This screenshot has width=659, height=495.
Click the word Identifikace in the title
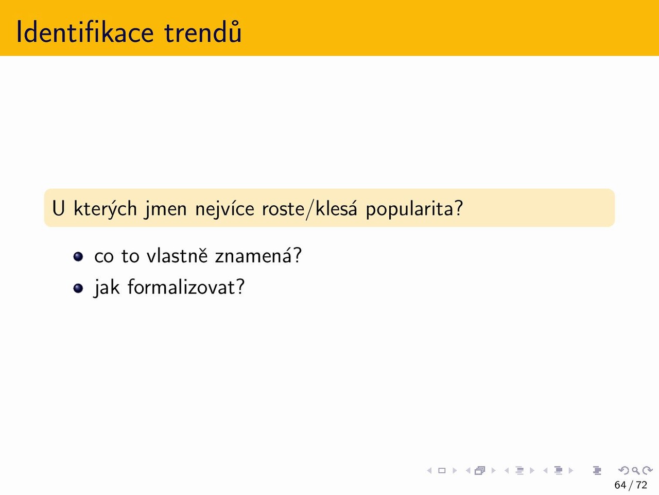[85, 32]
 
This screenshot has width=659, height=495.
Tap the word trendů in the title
[203, 32]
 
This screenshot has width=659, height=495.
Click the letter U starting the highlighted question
[59, 208]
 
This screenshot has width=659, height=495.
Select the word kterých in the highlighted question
[105, 209]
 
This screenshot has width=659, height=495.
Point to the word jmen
[166, 209]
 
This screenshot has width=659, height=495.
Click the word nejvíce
[224, 209]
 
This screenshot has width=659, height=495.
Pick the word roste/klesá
[309, 209]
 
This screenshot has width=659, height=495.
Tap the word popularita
[410, 209]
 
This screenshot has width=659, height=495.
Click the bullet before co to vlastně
[78, 257]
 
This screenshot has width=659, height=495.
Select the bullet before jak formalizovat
[78, 288]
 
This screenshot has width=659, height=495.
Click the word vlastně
[177, 256]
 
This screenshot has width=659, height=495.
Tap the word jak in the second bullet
[107, 288]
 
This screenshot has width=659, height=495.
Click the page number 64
[620, 485]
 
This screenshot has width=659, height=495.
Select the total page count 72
[641, 485]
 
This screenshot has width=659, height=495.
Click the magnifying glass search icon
[635, 471]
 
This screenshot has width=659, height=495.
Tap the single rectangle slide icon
[442, 471]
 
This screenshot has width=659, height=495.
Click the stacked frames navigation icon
[480, 471]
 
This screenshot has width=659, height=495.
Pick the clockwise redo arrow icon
[648, 470]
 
